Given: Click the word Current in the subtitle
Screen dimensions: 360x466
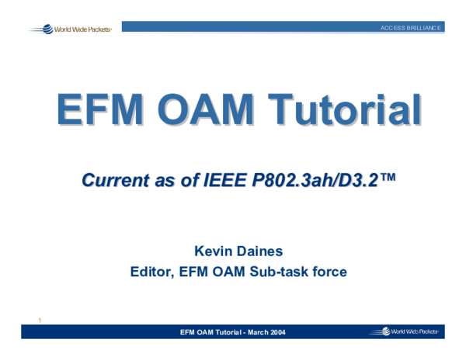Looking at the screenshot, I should pos(115,182).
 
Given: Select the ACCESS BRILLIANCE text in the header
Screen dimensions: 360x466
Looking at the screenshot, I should pos(411,28).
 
